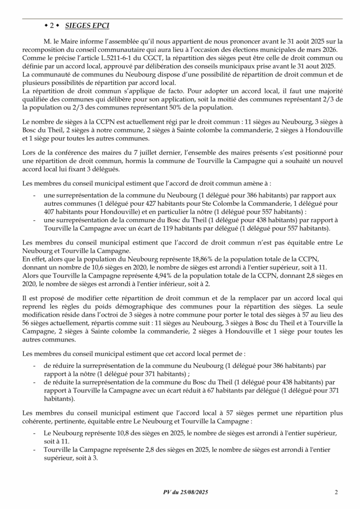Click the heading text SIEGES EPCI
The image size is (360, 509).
[89, 25]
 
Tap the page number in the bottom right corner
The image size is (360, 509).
[337, 492]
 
